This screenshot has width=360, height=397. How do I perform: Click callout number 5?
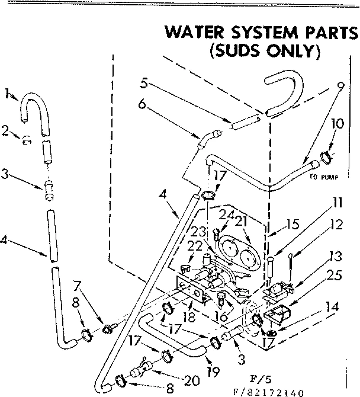pos(144,82)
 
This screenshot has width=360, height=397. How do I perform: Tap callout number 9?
pos(340,85)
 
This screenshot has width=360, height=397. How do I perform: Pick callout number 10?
pos(337,124)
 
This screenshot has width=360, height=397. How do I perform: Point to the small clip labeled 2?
pos(26,140)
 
